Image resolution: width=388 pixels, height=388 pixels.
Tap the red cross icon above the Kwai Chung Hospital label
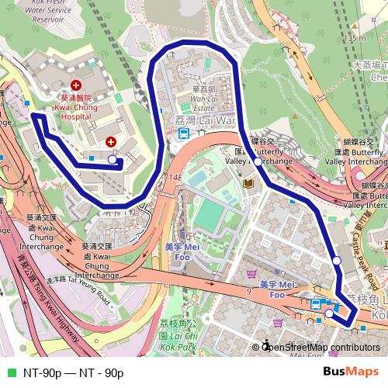76,85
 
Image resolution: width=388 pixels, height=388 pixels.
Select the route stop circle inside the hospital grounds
113,160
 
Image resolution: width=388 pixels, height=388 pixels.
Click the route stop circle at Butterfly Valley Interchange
258,162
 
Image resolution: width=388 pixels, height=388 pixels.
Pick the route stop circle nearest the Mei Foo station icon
329,314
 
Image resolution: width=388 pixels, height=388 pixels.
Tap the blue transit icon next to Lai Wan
184,133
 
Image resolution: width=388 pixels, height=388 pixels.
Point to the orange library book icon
249,183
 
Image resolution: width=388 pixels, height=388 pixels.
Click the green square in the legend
11,372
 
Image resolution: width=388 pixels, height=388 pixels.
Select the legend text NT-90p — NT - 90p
73,372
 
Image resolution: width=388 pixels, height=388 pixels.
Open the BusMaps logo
352,372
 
